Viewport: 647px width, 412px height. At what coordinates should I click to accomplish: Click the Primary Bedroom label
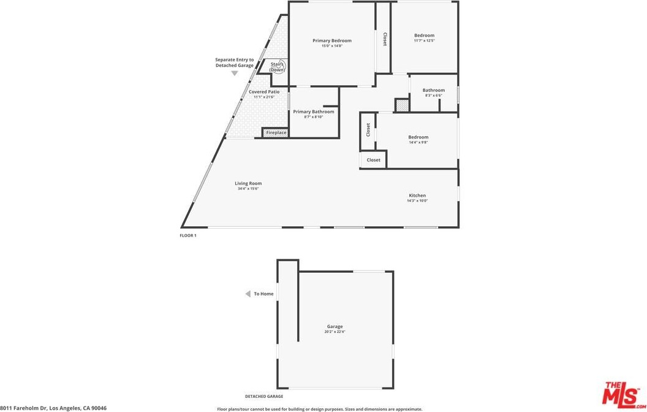coord(332,41)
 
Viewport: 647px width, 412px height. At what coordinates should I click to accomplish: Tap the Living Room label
coord(248,183)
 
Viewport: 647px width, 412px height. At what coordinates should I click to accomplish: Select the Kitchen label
coord(417,196)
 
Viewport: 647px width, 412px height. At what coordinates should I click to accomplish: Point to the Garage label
coord(335,327)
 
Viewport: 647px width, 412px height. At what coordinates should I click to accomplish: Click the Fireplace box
coord(276,132)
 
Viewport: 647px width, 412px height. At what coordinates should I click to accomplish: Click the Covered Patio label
coord(264,92)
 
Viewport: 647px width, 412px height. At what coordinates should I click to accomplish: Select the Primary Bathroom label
coord(314,112)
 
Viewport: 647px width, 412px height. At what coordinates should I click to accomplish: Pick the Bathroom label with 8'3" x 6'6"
coord(433,91)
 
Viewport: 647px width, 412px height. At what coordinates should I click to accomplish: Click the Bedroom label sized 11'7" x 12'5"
coord(424,36)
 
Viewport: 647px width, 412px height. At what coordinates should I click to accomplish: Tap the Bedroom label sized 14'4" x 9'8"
coord(418,137)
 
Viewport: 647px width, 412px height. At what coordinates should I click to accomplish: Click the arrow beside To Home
coord(248,294)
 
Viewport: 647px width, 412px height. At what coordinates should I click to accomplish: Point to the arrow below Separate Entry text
coord(234,74)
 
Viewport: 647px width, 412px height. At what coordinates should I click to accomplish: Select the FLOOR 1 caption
coord(188,235)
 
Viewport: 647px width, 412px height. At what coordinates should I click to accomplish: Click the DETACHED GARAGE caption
coord(264,397)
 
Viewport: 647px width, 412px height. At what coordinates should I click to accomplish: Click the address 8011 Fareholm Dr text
coord(53,408)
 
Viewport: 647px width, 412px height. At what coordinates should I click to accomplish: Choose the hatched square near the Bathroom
coord(402,105)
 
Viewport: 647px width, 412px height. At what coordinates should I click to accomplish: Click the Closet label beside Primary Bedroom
coord(385,39)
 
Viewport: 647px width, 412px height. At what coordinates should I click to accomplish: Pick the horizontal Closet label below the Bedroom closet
coord(373,160)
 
